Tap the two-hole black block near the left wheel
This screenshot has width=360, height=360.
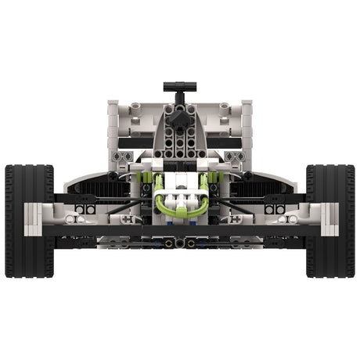(85, 209)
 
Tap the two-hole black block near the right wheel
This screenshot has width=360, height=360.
(274, 209)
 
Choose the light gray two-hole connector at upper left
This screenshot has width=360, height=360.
(124, 157)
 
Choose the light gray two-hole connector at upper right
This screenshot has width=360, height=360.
(235, 157)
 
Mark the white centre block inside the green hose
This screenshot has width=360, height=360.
(179, 200)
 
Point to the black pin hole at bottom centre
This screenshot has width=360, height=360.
(179, 243)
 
